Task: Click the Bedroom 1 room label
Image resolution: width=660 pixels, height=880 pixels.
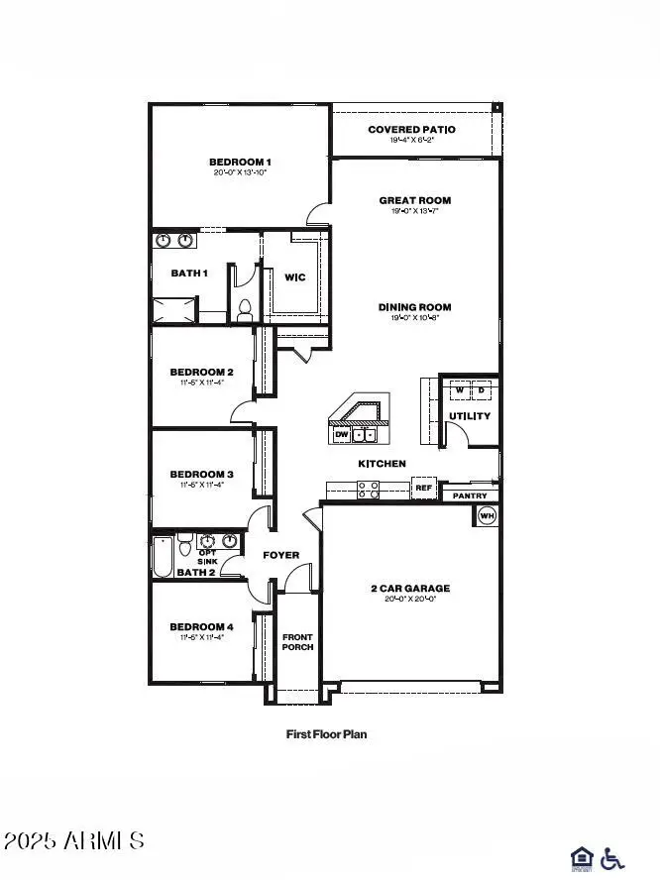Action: (240, 162)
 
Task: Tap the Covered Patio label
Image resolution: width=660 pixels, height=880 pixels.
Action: (411, 130)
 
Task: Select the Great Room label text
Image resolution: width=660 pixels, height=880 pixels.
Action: (414, 200)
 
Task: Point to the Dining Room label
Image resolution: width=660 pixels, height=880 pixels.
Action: (414, 307)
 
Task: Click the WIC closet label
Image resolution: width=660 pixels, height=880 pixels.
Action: (294, 277)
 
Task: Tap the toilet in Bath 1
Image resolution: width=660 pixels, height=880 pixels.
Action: (244, 310)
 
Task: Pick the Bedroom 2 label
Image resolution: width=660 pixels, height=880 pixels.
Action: (201, 372)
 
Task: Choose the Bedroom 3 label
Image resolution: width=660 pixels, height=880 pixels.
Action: (201, 474)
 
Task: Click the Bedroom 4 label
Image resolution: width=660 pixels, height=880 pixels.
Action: (201, 626)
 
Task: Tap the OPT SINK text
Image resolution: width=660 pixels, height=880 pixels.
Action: (207, 557)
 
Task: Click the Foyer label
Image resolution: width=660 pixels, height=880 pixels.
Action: (280, 555)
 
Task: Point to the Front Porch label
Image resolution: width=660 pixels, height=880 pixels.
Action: (297, 641)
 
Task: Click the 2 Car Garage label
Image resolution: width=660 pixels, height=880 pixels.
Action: (410, 588)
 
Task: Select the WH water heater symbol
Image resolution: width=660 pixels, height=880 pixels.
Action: (487, 515)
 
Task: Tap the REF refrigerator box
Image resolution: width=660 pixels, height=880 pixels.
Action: (423, 488)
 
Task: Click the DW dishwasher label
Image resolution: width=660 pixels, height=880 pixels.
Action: (341, 434)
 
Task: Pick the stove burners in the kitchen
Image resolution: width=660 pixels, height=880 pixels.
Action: (368, 488)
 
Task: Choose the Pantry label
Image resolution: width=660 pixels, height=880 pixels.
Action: (469, 495)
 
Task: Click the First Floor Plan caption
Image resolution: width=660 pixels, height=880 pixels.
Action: (326, 734)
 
